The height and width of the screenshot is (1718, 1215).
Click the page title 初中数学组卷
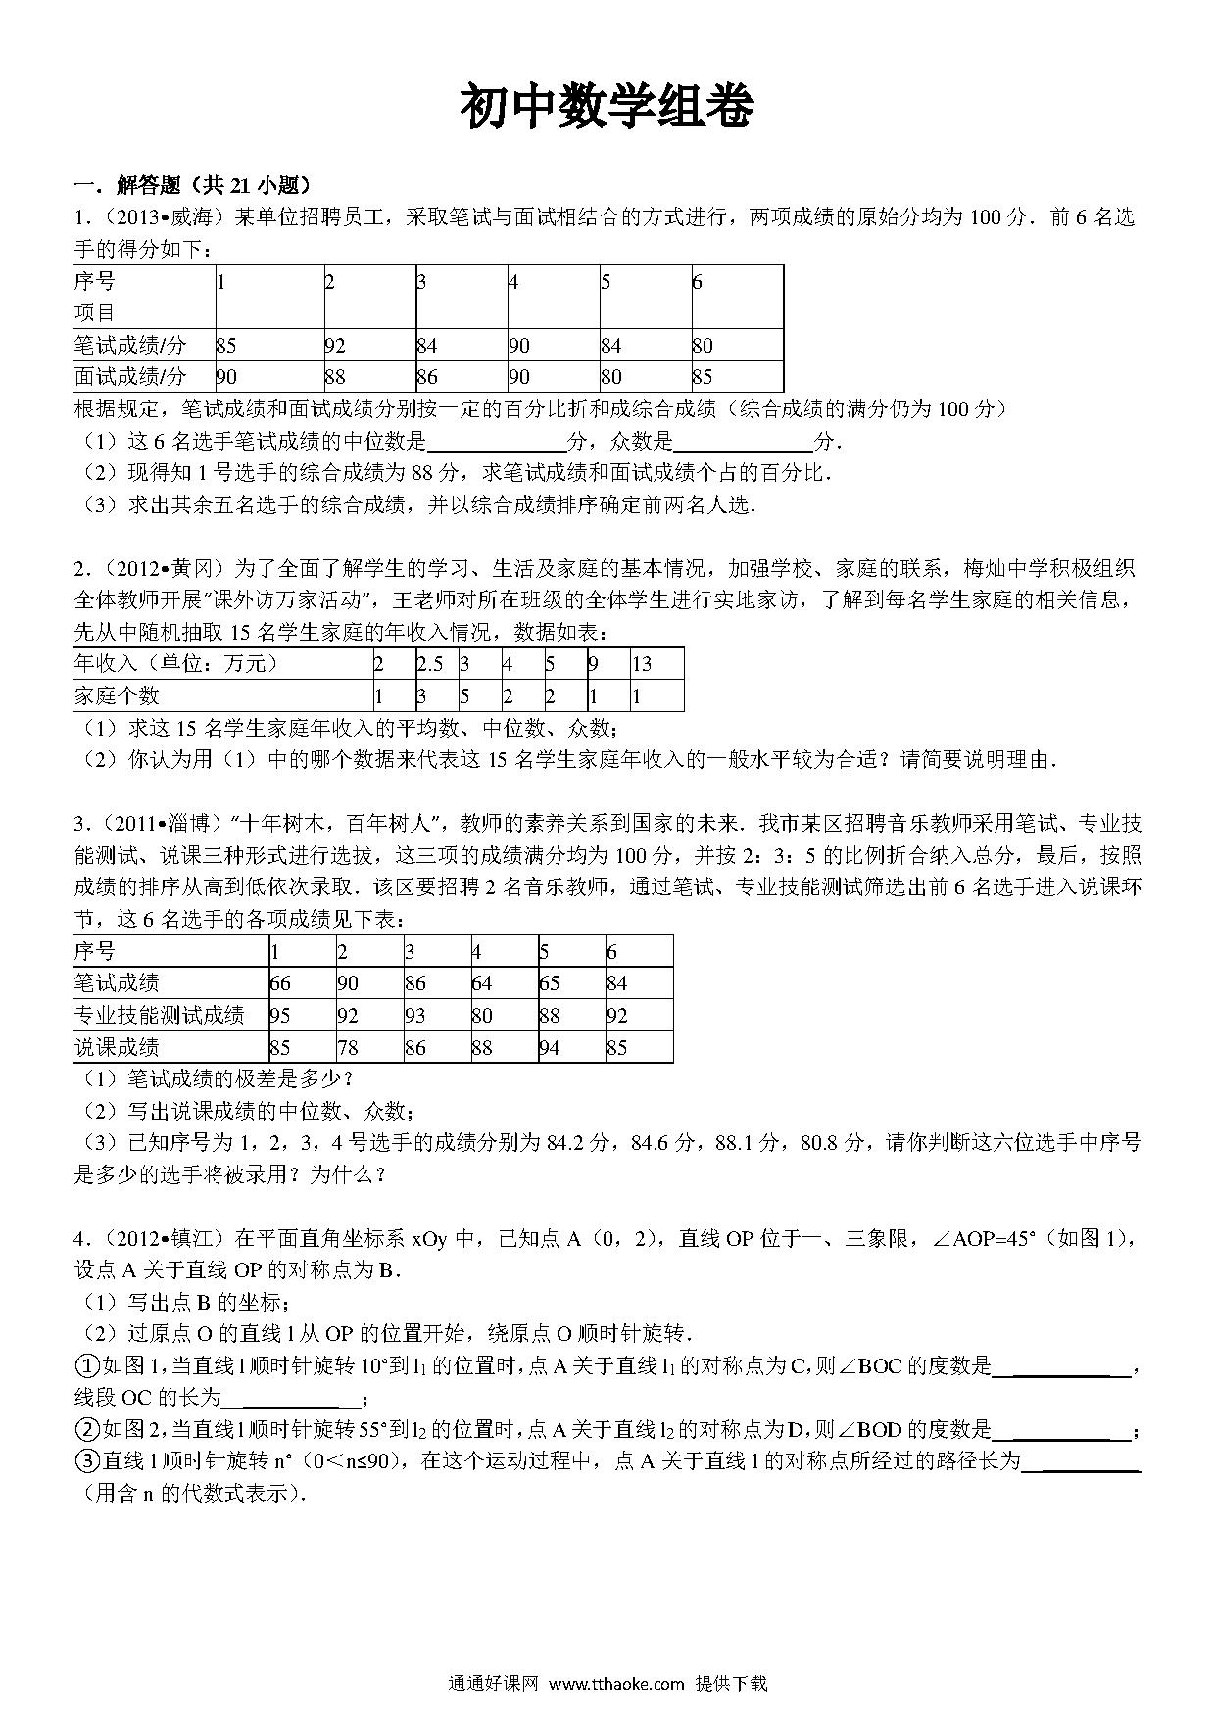pyautogui.click(x=607, y=106)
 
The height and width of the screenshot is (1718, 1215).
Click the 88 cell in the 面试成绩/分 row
pyautogui.click(x=336, y=377)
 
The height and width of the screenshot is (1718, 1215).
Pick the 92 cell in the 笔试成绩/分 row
pyautogui.click(x=336, y=345)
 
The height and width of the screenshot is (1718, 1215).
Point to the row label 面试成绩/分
pyautogui.click(x=130, y=377)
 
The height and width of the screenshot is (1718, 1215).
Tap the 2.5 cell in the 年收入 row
pyautogui.click(x=430, y=664)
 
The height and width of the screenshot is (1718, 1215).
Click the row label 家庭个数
pyautogui.click(x=117, y=696)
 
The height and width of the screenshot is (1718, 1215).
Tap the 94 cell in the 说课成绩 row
pyautogui.click(x=550, y=1048)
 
